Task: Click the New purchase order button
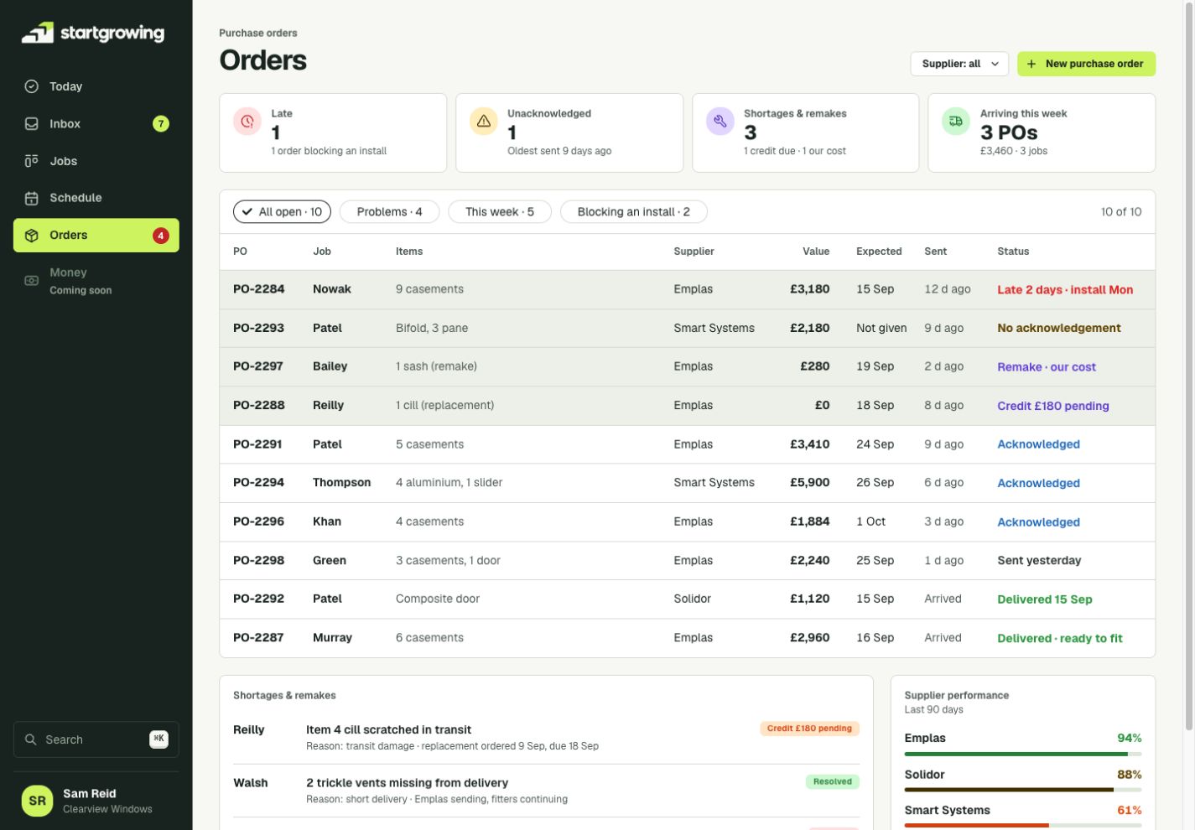(x=1086, y=64)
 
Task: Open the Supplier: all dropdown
(x=959, y=64)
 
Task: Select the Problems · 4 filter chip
(x=389, y=212)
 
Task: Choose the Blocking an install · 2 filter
(x=634, y=212)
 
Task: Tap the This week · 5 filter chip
(x=500, y=212)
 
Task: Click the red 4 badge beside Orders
(x=160, y=236)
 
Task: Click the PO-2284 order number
(x=259, y=289)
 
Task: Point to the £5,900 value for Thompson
(x=810, y=483)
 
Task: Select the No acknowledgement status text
(x=1059, y=328)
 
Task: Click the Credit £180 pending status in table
(x=1053, y=406)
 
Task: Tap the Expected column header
(x=879, y=252)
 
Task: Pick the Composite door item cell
(x=438, y=599)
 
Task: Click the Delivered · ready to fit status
(x=1060, y=639)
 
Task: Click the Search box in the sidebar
(x=96, y=739)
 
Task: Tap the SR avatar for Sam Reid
(x=38, y=801)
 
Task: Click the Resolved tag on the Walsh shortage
(x=832, y=782)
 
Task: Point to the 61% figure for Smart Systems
(x=1130, y=810)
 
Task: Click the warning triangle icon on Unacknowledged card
(x=484, y=121)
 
